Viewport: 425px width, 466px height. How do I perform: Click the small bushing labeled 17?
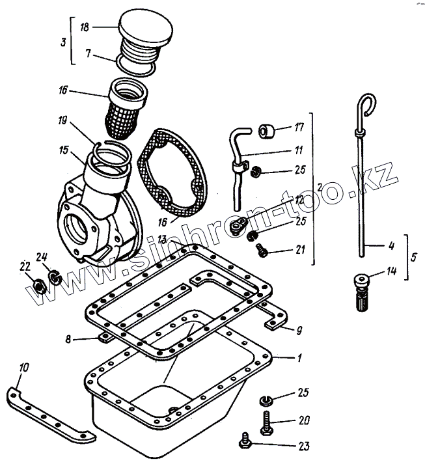[x=266, y=131]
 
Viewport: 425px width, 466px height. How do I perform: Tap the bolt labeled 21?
[x=262, y=248]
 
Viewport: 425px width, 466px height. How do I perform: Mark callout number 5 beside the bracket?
[x=414, y=256]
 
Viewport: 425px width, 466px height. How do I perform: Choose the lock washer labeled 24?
[x=55, y=279]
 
